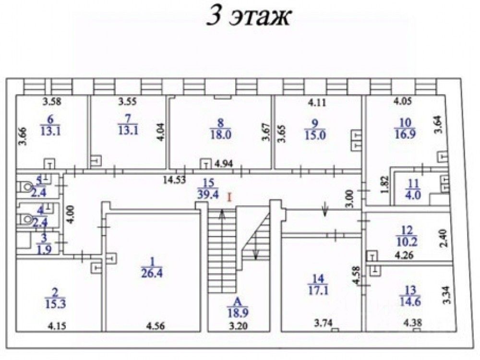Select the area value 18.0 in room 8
(x=221, y=135)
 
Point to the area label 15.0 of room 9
(x=314, y=135)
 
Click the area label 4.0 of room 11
(x=411, y=195)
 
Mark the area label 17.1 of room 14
(x=318, y=291)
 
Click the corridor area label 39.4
(x=208, y=195)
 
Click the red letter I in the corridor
(x=230, y=196)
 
